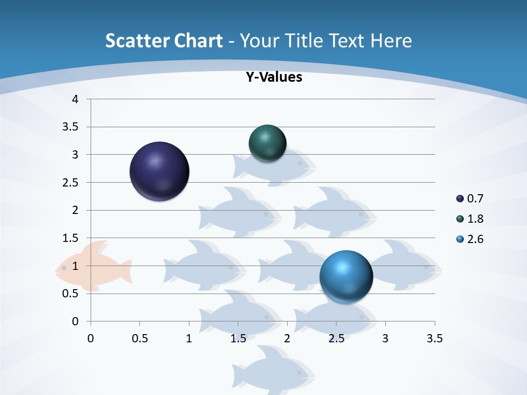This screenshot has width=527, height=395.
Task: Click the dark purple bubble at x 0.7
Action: (x=160, y=171)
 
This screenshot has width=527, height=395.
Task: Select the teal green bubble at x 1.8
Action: (x=268, y=143)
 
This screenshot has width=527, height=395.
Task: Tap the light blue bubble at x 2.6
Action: (x=346, y=276)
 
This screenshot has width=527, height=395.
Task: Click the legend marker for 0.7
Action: (x=460, y=199)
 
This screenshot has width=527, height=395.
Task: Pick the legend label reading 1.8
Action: (x=475, y=219)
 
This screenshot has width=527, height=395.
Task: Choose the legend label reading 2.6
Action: (x=475, y=239)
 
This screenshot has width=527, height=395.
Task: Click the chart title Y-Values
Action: (x=273, y=77)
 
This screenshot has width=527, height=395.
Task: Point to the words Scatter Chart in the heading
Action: (x=164, y=41)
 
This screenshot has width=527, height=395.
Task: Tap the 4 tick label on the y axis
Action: (x=75, y=99)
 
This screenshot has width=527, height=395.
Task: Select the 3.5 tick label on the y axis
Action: (x=71, y=127)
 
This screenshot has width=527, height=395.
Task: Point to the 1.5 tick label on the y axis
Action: (x=71, y=238)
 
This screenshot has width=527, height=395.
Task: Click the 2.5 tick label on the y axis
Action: (x=71, y=182)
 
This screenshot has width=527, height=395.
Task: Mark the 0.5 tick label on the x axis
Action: (x=139, y=338)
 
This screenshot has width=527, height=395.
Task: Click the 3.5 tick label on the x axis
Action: (x=434, y=338)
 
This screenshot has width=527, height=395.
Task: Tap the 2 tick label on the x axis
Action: (x=287, y=338)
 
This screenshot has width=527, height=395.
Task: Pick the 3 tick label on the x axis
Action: (x=385, y=338)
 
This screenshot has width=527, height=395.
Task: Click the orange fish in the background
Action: (x=93, y=266)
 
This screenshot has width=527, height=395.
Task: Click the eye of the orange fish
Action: (x=64, y=268)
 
